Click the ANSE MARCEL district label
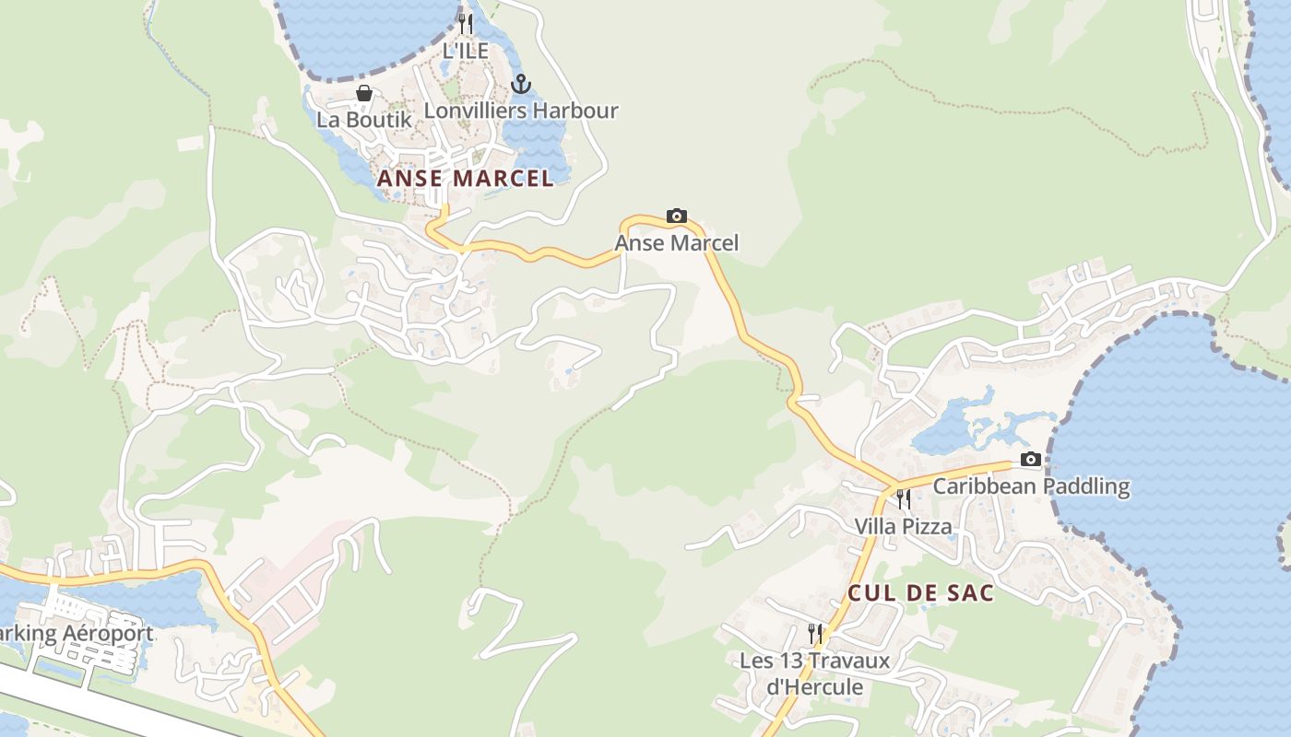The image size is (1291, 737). pos(466,178)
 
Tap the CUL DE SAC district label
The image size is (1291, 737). pos(920,592)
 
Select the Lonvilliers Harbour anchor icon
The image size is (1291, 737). pos(521,85)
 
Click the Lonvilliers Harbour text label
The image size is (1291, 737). pos(521,111)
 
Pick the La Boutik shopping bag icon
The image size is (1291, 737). pos(364,93)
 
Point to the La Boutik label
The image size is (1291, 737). pos(364,119)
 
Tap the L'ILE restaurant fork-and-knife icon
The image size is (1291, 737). pos(466,24)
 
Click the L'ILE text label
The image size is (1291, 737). pos(466,51)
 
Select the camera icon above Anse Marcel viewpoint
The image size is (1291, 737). pos(677,216)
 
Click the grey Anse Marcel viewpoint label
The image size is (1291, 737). pos(677,243)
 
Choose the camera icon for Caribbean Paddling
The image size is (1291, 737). pos(1031,460)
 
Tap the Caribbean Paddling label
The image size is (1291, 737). pos(1031,485)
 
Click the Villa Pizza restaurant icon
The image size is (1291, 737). pos(904,499)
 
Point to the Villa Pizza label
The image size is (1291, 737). pos(903,526)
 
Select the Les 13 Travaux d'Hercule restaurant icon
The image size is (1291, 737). pos(815,633)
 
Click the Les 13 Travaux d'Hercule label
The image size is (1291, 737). pos(815,673)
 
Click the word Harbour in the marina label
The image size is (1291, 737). pos(576,111)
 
